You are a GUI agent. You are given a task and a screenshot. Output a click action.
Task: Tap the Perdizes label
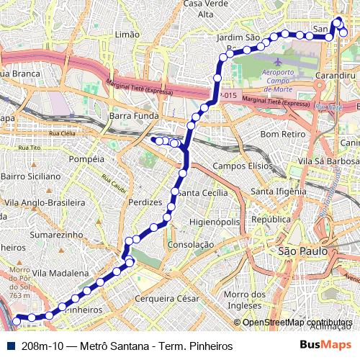click(x=144, y=202)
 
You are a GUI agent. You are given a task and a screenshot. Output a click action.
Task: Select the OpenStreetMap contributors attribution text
click(x=298, y=323)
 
